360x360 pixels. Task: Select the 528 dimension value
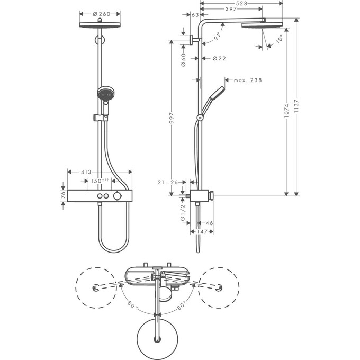click(x=242, y=3)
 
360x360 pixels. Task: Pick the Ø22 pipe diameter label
click(x=219, y=58)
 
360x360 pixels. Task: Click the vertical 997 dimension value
click(x=172, y=122)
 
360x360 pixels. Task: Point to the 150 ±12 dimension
click(x=98, y=181)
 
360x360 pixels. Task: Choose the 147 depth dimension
click(x=201, y=232)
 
